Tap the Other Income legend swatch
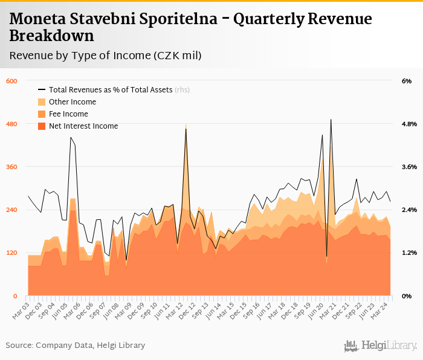[x=42, y=102]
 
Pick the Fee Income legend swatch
[x=42, y=114]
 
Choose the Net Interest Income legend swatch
[x=42, y=126]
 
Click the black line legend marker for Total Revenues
[x=42, y=90]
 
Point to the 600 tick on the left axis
[x=11, y=81]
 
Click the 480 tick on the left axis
[x=11, y=124]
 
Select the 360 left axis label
[x=11, y=167]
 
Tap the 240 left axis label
[x=11, y=210]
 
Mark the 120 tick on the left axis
[x=11, y=252]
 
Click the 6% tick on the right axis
[x=406, y=81]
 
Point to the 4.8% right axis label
[x=409, y=124]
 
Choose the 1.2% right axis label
[x=409, y=252]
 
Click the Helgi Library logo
[x=380, y=346]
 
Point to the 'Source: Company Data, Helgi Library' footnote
[x=76, y=346]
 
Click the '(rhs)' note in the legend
[x=182, y=90]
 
